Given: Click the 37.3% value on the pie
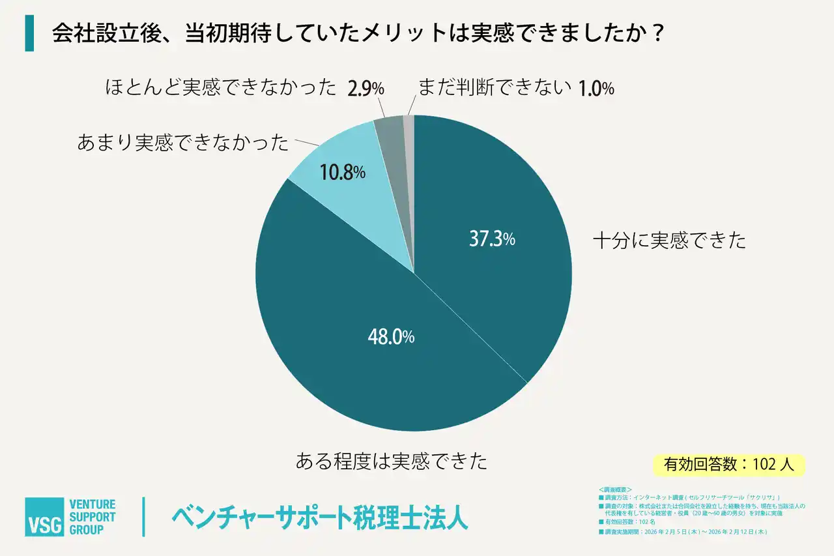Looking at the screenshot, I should pyautogui.click(x=492, y=240).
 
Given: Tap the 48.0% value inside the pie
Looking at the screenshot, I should pyautogui.click(x=389, y=337).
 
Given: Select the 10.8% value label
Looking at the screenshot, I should pyautogui.click(x=341, y=173).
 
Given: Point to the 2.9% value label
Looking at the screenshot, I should pyautogui.click(x=366, y=89).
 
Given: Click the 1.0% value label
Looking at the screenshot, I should pyautogui.click(x=596, y=89).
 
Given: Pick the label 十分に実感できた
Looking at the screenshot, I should pyautogui.click(x=669, y=241).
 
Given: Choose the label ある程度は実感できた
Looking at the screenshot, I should pyautogui.click(x=392, y=461).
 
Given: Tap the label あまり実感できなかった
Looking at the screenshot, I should pyautogui.click(x=182, y=143).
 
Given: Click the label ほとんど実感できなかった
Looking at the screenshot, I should pyautogui.click(x=221, y=88).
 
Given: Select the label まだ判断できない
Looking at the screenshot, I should pyautogui.click(x=495, y=87).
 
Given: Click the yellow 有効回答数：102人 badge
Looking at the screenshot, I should pyautogui.click(x=728, y=464).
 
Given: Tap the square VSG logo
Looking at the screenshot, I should pyautogui.click(x=44, y=517).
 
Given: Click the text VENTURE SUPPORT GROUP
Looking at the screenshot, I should pyautogui.click(x=93, y=517).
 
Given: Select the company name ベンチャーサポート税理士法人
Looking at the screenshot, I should pyautogui.click(x=320, y=518).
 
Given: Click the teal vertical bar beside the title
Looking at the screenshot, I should pyautogui.click(x=29, y=34).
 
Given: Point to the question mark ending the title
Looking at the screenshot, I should pyautogui.click(x=657, y=34).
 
